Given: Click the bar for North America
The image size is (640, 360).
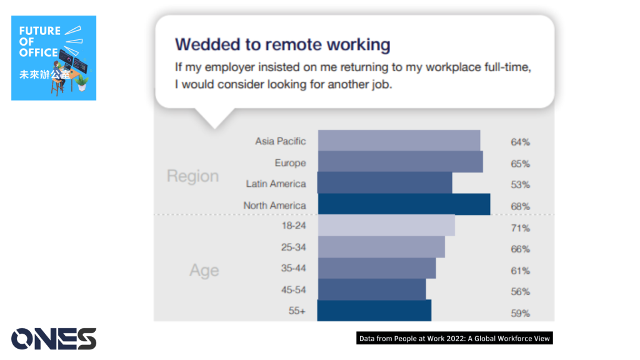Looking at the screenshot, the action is (404, 204).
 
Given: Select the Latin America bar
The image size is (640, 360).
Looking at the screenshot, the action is (384, 182).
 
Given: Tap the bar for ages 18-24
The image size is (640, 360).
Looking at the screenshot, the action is (386, 225).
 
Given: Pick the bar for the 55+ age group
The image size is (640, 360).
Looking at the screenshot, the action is (374, 311).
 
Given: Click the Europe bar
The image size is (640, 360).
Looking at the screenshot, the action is (401, 162).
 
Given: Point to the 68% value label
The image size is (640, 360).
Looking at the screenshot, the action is (521, 206).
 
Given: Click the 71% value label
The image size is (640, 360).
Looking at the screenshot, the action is (521, 228).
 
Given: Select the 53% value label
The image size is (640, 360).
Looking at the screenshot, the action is (521, 185).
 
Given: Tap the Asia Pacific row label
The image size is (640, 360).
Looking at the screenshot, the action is (281, 141).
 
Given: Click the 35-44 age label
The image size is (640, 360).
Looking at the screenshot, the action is (294, 268).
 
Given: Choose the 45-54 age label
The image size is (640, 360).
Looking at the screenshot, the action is (294, 290).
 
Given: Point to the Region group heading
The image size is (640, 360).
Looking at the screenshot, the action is (192, 176).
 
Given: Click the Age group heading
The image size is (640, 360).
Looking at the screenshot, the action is (204, 271).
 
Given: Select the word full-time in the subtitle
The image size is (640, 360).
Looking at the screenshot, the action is (507, 67).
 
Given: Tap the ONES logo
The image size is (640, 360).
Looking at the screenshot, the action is (54, 339).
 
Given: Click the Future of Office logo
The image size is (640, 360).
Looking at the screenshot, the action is (54, 58).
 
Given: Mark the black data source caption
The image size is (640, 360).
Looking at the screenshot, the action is (455, 338).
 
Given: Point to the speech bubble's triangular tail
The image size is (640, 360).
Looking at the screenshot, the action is (215, 119).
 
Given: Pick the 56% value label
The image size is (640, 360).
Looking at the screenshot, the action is (521, 292).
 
